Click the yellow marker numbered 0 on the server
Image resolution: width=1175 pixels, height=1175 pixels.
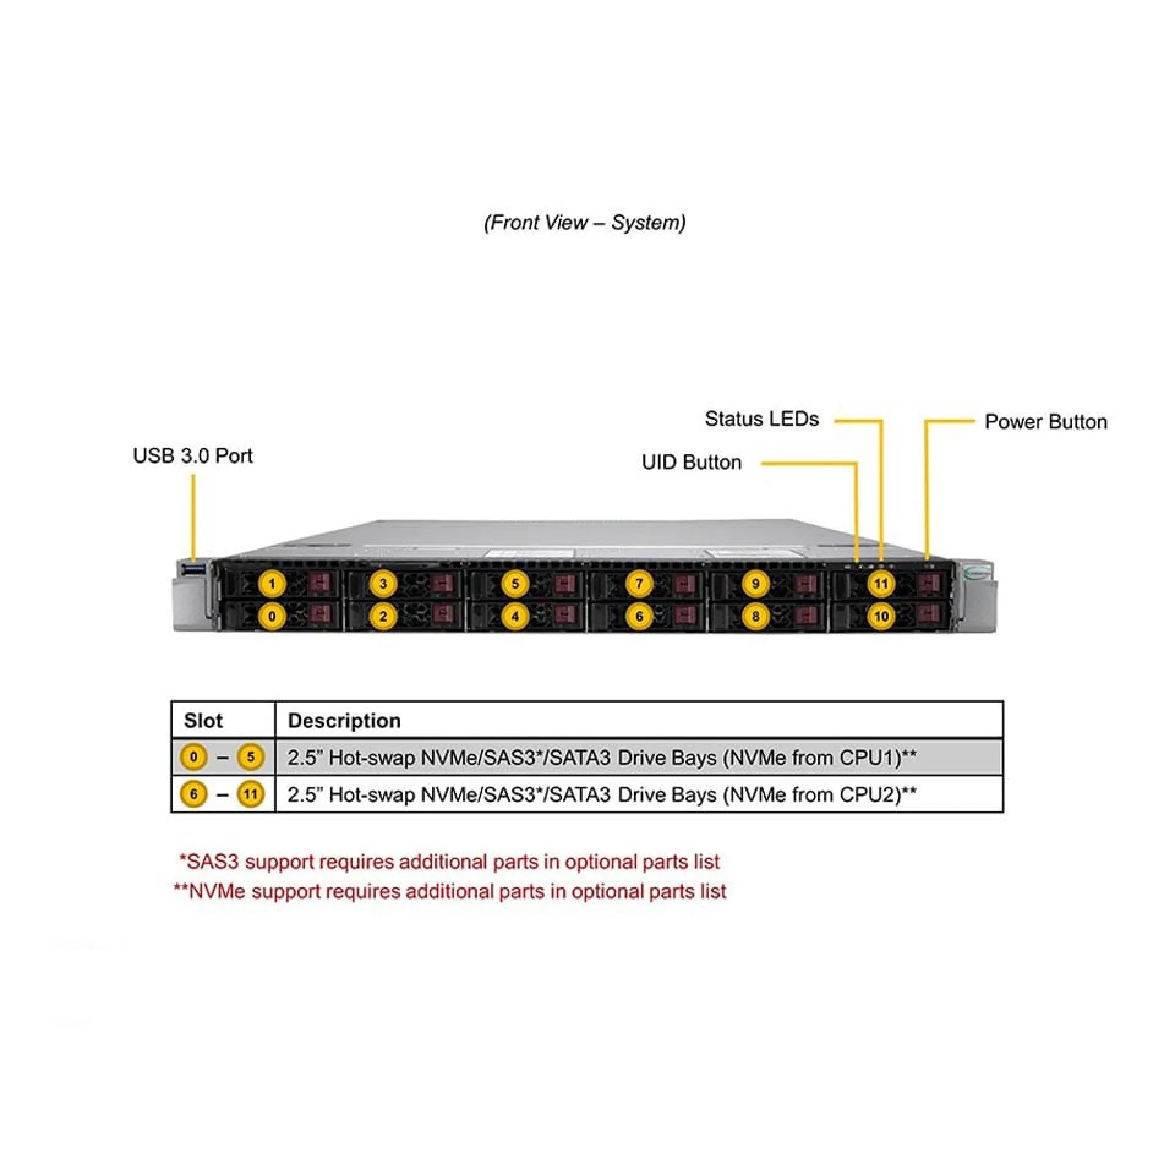coord(272,616)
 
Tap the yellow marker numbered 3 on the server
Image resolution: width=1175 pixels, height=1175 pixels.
coord(383,583)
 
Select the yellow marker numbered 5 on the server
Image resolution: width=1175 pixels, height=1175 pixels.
coord(515,583)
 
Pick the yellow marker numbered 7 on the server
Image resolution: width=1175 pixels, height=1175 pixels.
coord(640,583)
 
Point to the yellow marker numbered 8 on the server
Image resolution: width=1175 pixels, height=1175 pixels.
coord(755,616)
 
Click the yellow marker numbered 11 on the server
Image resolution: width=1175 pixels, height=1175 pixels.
coord(881,583)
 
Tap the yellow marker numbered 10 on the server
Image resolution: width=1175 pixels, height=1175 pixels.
coord(881,616)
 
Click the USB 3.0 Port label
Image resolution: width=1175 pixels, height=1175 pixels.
coord(193,455)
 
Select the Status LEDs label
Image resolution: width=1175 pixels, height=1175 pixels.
coord(762,419)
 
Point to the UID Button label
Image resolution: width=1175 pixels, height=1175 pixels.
coord(692,462)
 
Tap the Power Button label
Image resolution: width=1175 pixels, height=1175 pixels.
coord(1046,422)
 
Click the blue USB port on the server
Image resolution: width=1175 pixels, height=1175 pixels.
coord(194,570)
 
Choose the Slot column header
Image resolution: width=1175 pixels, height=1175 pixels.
coord(203,720)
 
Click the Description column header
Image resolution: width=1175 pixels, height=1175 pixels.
coord(345,720)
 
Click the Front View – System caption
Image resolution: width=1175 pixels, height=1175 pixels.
coord(585,222)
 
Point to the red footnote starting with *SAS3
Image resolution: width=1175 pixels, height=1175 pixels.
coord(449,862)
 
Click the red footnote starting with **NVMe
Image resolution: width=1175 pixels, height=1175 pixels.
coord(450,891)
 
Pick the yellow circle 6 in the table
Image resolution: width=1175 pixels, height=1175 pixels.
coord(193,794)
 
